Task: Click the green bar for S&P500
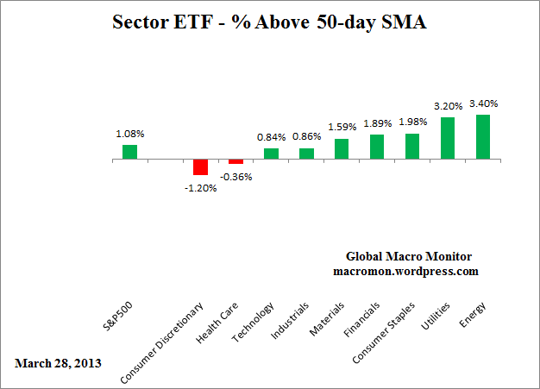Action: (129, 152)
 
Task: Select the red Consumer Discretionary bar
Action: (200, 167)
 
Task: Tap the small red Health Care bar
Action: (235, 161)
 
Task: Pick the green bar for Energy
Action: (483, 137)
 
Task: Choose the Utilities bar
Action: (448, 138)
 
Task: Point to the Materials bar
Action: (342, 149)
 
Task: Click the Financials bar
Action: (377, 147)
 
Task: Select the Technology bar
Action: (271, 154)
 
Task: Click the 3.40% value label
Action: (483, 104)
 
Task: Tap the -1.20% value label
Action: (201, 188)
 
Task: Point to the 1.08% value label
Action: (129, 134)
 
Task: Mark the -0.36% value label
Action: (235, 176)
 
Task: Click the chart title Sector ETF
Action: (270, 23)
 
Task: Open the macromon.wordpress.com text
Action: (405, 271)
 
